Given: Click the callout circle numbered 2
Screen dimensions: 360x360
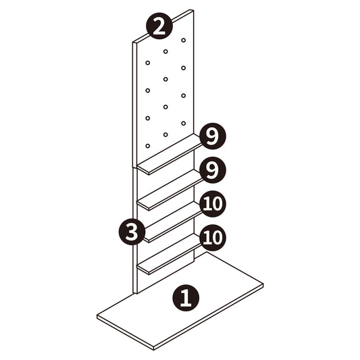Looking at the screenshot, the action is [159, 26].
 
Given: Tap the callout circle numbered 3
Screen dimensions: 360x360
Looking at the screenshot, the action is [132, 232].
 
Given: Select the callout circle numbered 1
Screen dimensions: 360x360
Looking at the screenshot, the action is [186, 298].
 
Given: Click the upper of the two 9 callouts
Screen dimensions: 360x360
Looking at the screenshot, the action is [213, 136].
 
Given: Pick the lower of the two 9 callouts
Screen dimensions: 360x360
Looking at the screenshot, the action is [213, 170].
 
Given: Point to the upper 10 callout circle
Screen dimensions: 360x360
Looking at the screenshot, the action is [213, 204].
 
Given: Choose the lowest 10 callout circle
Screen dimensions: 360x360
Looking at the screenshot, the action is [213, 238].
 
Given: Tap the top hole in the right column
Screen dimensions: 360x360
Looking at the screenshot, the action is [184, 40].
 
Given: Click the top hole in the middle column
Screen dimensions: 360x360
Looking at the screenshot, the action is [165, 51].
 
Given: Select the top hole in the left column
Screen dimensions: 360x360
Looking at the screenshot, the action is [148, 63].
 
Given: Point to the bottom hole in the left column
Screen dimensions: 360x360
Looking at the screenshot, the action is [148, 146].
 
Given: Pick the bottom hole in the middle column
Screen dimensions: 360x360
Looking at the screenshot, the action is [165, 134].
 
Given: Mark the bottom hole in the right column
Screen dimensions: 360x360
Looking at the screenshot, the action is [184, 124].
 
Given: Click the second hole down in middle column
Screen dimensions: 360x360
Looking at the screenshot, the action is [165, 79].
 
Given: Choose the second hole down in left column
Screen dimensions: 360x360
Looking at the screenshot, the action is [148, 91].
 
